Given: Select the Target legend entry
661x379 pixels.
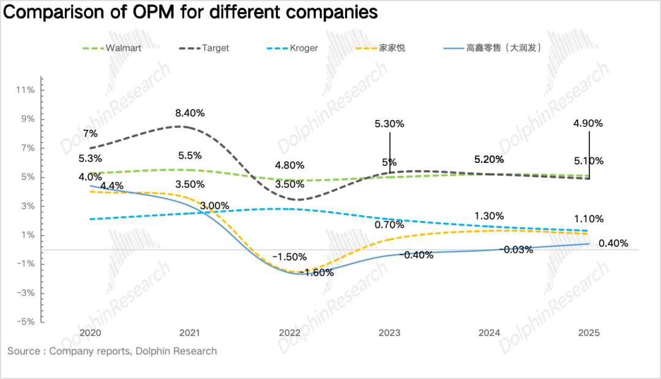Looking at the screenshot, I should (215, 48).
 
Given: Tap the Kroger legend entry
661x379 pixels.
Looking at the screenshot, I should (304, 48).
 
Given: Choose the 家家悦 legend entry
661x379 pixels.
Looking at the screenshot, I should (392, 48).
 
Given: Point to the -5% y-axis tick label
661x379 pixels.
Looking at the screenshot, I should (25, 322).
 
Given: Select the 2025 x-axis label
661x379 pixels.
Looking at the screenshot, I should (589, 333).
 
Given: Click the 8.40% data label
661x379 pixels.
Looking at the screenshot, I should (190, 113).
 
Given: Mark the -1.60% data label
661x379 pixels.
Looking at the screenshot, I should (319, 272).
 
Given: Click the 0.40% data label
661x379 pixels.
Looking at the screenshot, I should (614, 243).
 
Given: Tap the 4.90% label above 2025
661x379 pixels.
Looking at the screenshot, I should (589, 123).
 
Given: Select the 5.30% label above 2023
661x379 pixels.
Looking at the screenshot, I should (389, 123).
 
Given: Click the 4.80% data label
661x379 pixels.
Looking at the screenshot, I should (289, 165).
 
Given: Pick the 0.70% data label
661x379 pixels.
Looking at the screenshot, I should (389, 225).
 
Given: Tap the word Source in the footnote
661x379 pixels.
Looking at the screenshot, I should (23, 351).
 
